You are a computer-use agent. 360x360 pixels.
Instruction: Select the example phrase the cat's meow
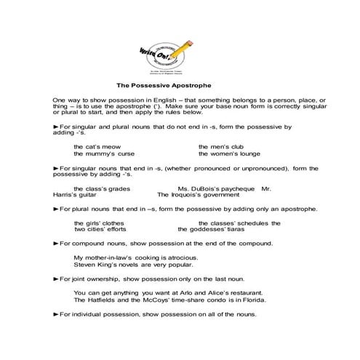(97, 146)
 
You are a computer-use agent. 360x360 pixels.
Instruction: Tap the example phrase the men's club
(220, 146)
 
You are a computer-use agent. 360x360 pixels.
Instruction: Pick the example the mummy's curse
(104, 154)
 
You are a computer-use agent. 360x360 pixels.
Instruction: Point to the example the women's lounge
(229, 154)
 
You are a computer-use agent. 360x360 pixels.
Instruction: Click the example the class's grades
(103, 188)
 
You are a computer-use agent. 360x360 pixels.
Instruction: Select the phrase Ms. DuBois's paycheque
(216, 188)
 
